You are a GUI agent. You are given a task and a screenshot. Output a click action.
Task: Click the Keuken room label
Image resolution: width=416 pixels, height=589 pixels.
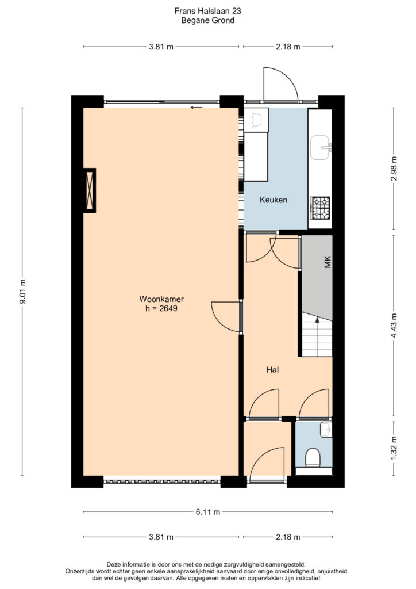(x=274, y=200)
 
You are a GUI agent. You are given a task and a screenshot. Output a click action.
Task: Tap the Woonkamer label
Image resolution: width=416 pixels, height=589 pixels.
(x=161, y=299)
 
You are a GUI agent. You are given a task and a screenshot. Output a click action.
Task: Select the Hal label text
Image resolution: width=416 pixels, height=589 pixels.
(x=273, y=370)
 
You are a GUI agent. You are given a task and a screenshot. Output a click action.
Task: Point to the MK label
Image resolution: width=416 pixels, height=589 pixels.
(x=328, y=262)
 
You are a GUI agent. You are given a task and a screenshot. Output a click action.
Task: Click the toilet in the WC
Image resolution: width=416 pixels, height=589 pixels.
(x=313, y=458)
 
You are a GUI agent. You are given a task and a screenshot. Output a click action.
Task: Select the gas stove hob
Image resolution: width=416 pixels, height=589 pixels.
(x=320, y=208)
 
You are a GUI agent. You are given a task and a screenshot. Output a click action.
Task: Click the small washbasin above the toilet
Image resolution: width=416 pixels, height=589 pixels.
(x=326, y=429)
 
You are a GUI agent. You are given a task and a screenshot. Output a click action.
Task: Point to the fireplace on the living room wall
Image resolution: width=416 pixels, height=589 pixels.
(x=89, y=190)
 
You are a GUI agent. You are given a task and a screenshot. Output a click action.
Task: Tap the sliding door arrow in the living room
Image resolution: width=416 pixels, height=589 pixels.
(x=197, y=108)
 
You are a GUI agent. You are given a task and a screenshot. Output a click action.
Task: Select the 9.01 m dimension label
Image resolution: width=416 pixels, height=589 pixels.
(x=22, y=292)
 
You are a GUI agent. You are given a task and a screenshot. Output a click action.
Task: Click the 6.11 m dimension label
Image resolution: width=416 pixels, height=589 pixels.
(x=208, y=511)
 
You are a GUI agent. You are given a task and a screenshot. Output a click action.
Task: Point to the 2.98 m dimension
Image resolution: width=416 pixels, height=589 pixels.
(x=394, y=169)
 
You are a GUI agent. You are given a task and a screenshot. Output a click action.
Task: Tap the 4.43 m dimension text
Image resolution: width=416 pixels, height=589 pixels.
(x=394, y=326)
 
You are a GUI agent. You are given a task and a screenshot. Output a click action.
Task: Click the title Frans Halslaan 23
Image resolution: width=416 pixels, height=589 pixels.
(x=208, y=11)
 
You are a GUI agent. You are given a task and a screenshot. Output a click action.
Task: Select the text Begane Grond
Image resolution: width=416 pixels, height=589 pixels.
(x=208, y=20)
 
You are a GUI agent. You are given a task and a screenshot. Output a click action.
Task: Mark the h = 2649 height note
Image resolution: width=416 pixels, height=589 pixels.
(x=161, y=309)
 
